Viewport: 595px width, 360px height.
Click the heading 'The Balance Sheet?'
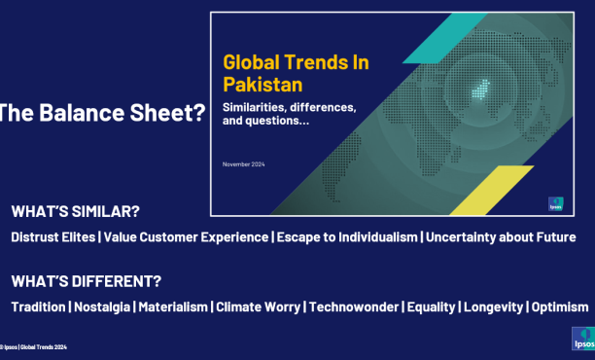pyautogui.click(x=101, y=112)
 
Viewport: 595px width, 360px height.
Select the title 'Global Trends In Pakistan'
pyautogui.click(x=297, y=72)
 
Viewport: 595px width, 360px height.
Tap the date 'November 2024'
pyautogui.click(x=244, y=163)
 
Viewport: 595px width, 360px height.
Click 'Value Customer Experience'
pyautogui.click(x=184, y=237)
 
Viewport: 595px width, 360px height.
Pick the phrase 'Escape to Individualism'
pyautogui.click(x=346, y=237)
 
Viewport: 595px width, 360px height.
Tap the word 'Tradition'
pyautogui.click(x=39, y=306)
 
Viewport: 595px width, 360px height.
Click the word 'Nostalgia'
pyautogui.click(x=102, y=306)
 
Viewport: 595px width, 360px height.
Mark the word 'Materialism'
pyautogui.click(x=173, y=306)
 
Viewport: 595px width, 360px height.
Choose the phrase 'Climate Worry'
pyautogui.click(x=259, y=306)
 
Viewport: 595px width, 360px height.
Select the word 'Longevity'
pyautogui.click(x=493, y=306)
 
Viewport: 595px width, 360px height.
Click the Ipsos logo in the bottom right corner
pyautogui.click(x=581, y=339)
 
